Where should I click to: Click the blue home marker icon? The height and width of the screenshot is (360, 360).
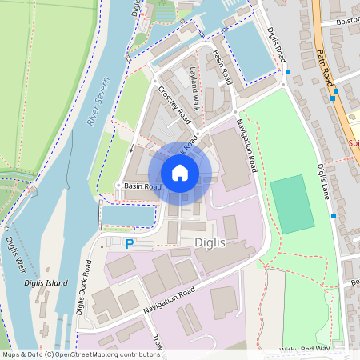(x=180, y=173)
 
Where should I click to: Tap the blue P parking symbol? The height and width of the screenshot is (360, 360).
(x=128, y=244)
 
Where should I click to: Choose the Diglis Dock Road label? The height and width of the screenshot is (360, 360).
(x=82, y=286)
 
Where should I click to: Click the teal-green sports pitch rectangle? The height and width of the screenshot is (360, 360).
(x=291, y=205)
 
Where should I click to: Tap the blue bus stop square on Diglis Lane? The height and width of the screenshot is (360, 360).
(x=333, y=216)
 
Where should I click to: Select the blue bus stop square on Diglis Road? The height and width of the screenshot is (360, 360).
(x=287, y=73)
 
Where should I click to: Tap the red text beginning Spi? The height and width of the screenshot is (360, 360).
(x=354, y=145)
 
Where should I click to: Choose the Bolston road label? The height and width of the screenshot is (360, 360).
(x=348, y=22)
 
